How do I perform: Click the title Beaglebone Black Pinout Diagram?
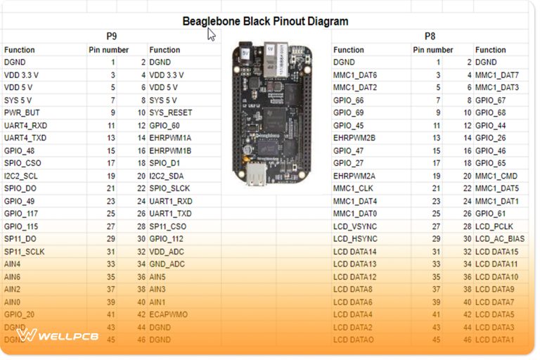pyautogui.click(x=265, y=21)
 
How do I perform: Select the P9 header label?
pyautogui.click(x=112, y=36)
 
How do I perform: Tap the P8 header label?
pyautogui.click(x=430, y=36)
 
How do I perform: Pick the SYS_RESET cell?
pyautogui.click(x=171, y=112)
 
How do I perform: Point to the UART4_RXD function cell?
pyautogui.click(x=25, y=125)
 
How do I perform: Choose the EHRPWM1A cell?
pyautogui.click(x=170, y=138)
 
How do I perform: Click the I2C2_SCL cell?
pyautogui.click(x=22, y=176)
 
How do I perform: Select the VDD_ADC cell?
pyautogui.click(x=168, y=251)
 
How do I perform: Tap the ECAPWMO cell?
pyautogui.click(x=169, y=314)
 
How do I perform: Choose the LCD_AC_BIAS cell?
pyautogui.click(x=500, y=239)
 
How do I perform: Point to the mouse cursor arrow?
pyautogui.click(x=211, y=34)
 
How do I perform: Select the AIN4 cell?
pyautogui.click(x=13, y=264)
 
